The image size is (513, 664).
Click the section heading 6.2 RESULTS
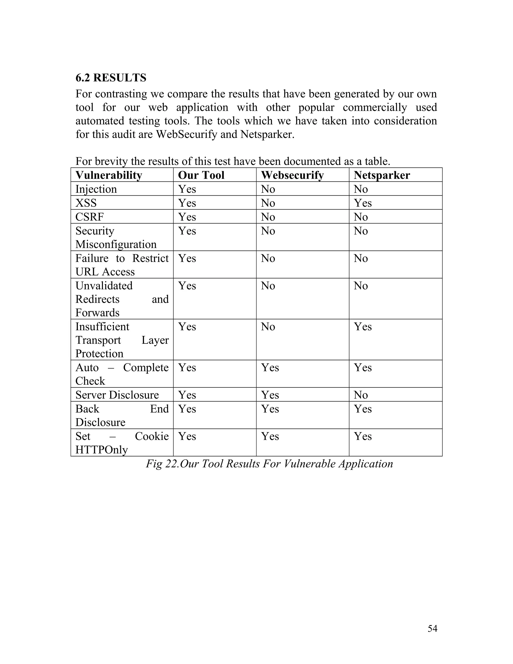(111, 78)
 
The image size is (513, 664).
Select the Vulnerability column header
(109, 175)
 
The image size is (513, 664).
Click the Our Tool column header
(201, 175)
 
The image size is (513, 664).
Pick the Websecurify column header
(292, 175)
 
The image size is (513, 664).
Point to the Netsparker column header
(382, 175)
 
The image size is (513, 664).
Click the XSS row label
(86, 203)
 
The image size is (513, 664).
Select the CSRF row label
(89, 217)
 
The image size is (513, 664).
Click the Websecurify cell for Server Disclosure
(270, 395)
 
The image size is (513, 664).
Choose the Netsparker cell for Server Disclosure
(361, 395)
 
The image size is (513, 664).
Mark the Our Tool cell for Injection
(187, 189)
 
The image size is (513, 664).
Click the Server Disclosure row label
(117, 395)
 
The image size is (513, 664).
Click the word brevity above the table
(111, 161)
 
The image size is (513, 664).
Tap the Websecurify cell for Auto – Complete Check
(270, 367)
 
